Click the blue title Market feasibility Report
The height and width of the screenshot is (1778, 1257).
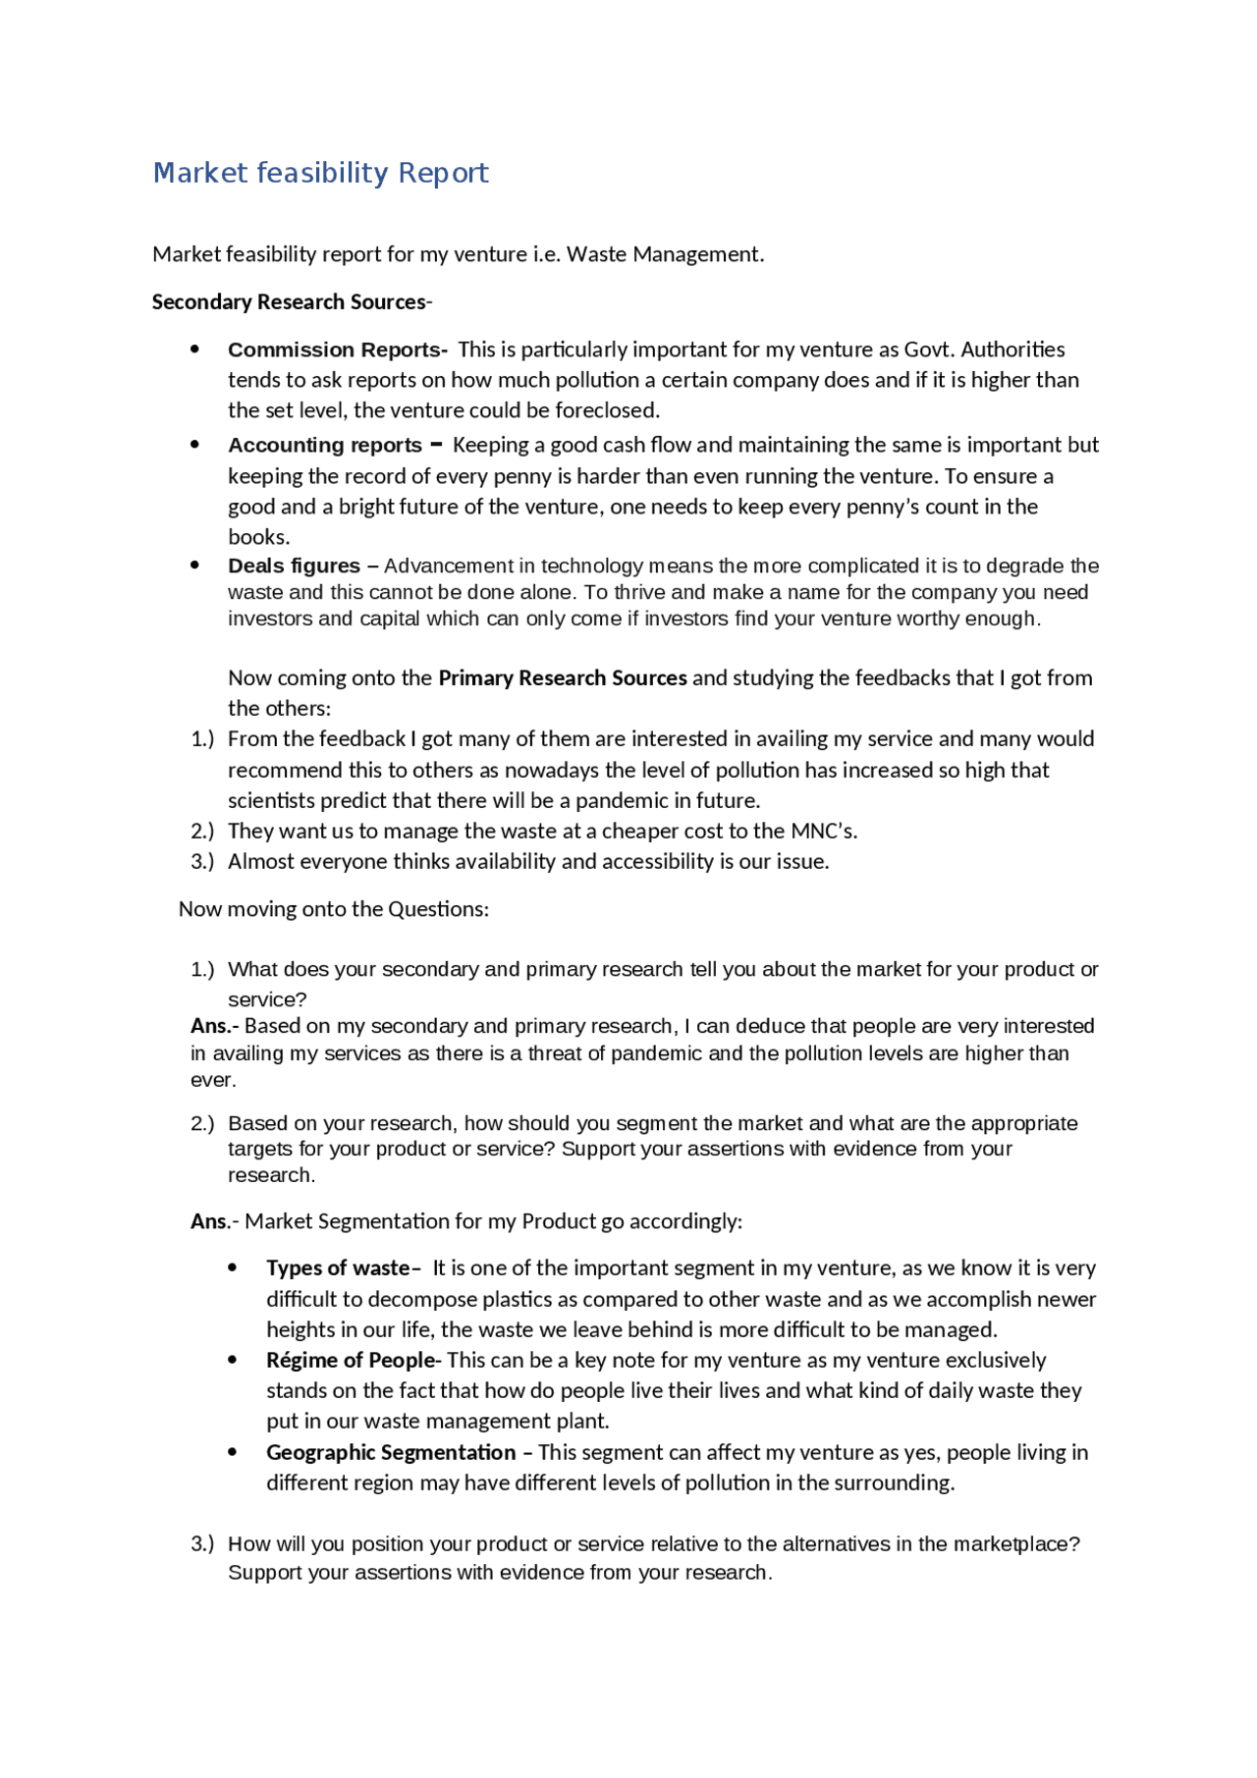[x=320, y=173]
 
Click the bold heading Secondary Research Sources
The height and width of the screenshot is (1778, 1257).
[x=289, y=302]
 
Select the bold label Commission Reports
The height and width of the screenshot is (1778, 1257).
[x=336, y=350]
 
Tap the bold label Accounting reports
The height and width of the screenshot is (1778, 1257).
[x=324, y=446]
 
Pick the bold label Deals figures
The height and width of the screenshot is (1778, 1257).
[x=294, y=566]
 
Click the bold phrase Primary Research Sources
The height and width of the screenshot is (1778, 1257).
[x=562, y=678]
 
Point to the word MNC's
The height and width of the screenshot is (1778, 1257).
[x=824, y=832]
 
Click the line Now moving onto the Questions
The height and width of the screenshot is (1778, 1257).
[x=333, y=909]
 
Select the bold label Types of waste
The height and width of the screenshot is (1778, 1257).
[x=338, y=1268]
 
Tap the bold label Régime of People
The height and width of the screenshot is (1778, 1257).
[x=351, y=1361]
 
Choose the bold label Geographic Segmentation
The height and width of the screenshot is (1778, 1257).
[x=391, y=1453]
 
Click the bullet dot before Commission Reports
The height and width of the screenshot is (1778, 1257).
[x=195, y=350]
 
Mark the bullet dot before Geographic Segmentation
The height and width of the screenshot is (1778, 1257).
[x=233, y=1452]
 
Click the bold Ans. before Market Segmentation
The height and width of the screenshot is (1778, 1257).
[x=210, y=1221]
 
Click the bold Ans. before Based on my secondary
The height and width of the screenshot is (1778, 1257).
[x=210, y=1026]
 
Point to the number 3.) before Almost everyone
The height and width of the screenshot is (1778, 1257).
[x=201, y=862]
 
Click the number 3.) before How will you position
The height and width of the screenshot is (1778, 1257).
[x=201, y=1544]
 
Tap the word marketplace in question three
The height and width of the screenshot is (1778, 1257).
[x=1014, y=1544]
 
